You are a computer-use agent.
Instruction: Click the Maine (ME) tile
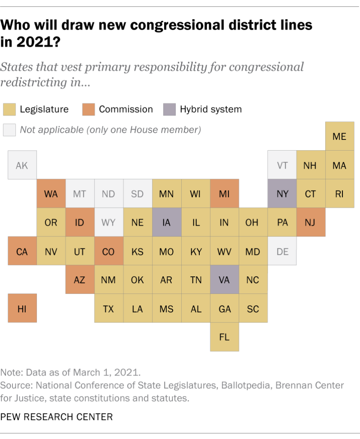click(x=339, y=136)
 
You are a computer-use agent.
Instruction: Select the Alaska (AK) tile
click(x=22, y=165)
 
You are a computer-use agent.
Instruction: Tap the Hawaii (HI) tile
click(x=22, y=308)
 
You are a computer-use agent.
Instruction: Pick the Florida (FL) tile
click(x=225, y=337)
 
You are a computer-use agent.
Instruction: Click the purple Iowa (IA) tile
click(x=167, y=223)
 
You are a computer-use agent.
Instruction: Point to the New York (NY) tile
click(x=282, y=194)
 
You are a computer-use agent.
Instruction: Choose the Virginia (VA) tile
click(x=225, y=280)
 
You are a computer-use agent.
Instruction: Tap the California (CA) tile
click(x=22, y=251)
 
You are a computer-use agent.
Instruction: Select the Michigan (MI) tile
click(x=225, y=194)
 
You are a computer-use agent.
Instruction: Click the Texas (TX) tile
click(x=109, y=308)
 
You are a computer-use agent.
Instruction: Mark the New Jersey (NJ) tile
click(x=311, y=223)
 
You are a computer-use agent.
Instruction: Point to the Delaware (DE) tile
click(x=282, y=251)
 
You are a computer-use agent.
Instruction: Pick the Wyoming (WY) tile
click(x=109, y=223)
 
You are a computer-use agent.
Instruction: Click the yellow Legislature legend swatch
click(x=9, y=109)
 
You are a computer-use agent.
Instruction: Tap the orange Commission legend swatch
click(x=88, y=109)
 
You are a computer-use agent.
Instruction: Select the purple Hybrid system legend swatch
click(x=169, y=109)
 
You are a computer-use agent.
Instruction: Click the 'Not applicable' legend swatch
click(x=9, y=130)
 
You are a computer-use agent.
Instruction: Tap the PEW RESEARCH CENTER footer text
click(x=57, y=416)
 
